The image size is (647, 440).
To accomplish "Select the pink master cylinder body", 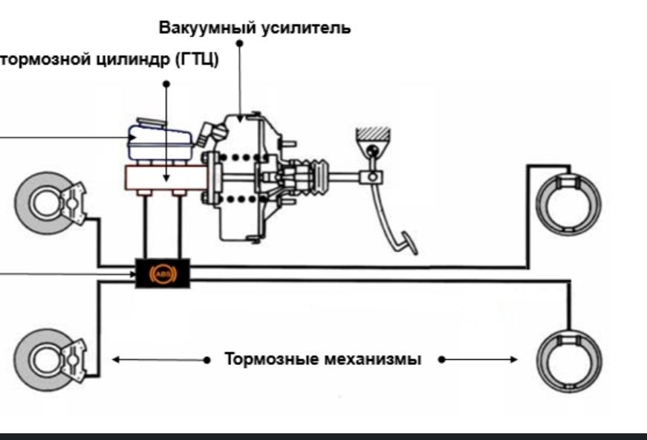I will (x=165, y=178).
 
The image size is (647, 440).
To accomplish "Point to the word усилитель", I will (x=310, y=28).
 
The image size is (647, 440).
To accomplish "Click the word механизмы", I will (x=373, y=359).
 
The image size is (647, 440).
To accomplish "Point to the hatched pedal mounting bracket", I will (x=373, y=135).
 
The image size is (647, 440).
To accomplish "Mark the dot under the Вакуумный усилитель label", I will (x=239, y=44).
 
